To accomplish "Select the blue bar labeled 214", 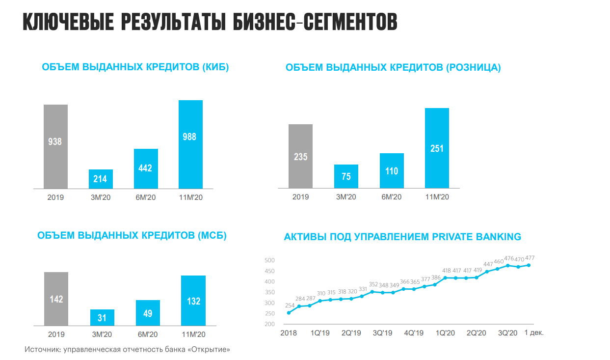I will point(101,179).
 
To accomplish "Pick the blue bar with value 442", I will point(146,168).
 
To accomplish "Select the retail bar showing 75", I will point(346,176).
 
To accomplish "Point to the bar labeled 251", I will point(437,148).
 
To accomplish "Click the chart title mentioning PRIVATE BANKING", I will point(402,237).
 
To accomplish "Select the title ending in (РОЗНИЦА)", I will point(393,68).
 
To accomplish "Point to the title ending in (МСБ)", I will point(132,235).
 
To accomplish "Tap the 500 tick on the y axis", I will point(269,260).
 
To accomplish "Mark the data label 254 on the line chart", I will point(290,305).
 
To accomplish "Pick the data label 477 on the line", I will point(530,258).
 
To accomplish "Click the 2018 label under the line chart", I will point(289,332).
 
